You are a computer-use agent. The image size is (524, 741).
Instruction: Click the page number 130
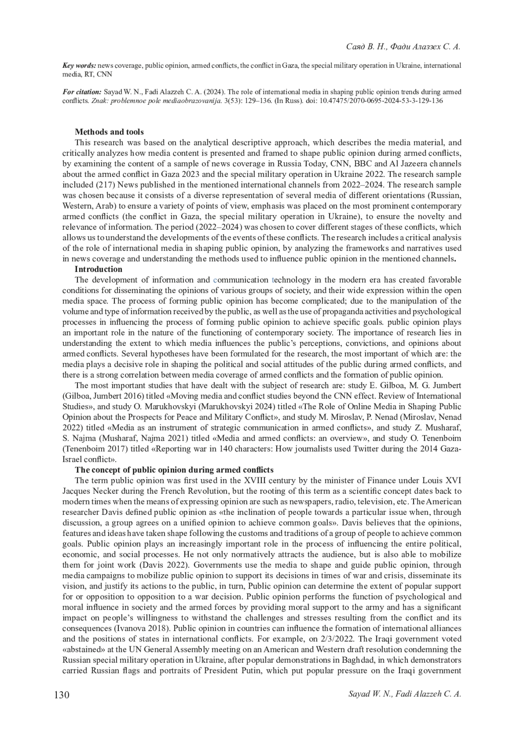pyautogui.click(x=62, y=695)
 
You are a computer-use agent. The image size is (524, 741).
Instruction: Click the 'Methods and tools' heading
pyautogui.click(x=109, y=132)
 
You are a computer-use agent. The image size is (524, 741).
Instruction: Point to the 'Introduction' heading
pyautogui.click(x=98, y=269)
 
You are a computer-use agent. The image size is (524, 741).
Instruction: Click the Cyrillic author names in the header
pyautogui.click(x=403, y=46)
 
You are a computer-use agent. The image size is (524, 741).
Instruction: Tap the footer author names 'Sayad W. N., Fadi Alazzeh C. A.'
pyautogui.click(x=404, y=694)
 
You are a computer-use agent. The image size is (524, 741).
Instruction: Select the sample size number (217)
pyautogui.click(x=104, y=185)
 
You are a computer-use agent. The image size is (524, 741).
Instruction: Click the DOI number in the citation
pyautogui.click(x=376, y=100)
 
